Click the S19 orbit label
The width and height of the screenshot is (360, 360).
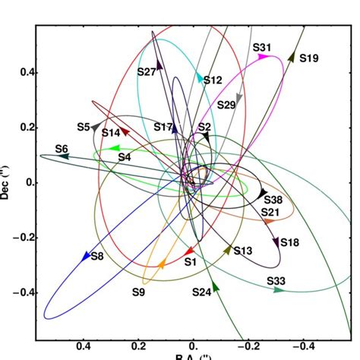click(x=309, y=57)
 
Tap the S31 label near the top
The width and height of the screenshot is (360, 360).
click(x=262, y=48)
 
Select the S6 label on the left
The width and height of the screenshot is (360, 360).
click(x=62, y=148)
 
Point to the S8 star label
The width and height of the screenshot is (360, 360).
click(x=97, y=257)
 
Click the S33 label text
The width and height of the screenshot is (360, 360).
click(x=276, y=281)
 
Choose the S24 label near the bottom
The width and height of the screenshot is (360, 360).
click(x=201, y=292)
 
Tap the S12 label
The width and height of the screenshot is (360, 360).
click(x=213, y=81)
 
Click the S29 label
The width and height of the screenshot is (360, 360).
click(x=226, y=105)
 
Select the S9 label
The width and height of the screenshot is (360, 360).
click(x=138, y=292)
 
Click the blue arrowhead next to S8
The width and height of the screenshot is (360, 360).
click(x=85, y=257)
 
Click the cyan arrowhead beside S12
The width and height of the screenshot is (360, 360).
click(x=201, y=77)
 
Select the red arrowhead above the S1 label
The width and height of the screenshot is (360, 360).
click(x=190, y=251)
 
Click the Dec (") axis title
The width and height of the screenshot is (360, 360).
click(x=6, y=183)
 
